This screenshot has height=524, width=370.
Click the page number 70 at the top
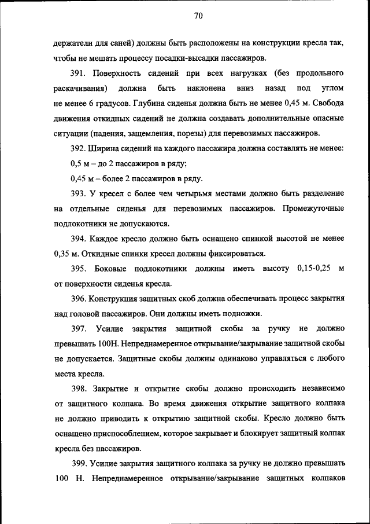198,16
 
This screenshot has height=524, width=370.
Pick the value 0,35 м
66,254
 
